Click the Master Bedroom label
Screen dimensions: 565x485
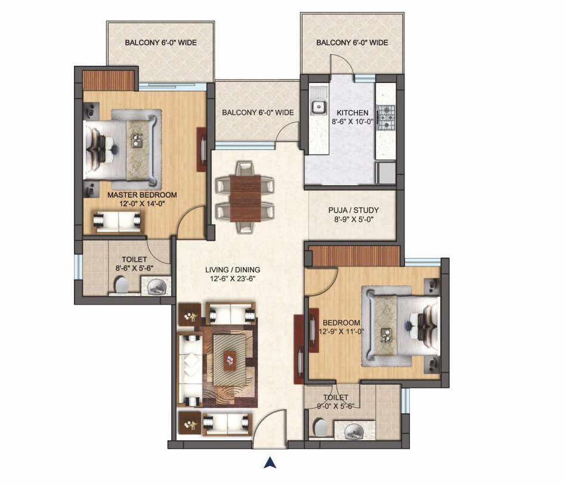[x=143, y=195]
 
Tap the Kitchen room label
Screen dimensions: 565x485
[x=353, y=112]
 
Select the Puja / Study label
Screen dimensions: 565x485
[x=353, y=210]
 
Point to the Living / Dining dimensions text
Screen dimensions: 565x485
[x=233, y=278]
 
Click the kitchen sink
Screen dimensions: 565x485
[x=319, y=107]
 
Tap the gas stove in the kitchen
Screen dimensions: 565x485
[x=385, y=117]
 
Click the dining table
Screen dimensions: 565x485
[x=245, y=198]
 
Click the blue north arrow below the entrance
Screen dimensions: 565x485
[x=269, y=463]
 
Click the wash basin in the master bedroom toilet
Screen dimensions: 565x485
[x=156, y=287]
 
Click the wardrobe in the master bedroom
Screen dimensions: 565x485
[x=108, y=80]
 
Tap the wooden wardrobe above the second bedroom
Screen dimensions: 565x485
[x=356, y=256]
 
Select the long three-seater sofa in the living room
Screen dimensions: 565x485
[x=190, y=370]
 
